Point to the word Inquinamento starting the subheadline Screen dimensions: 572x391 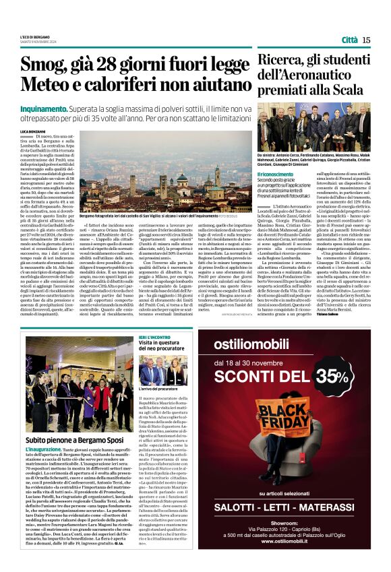(x=44, y=108)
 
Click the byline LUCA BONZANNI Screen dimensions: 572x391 (x=32, y=129)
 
